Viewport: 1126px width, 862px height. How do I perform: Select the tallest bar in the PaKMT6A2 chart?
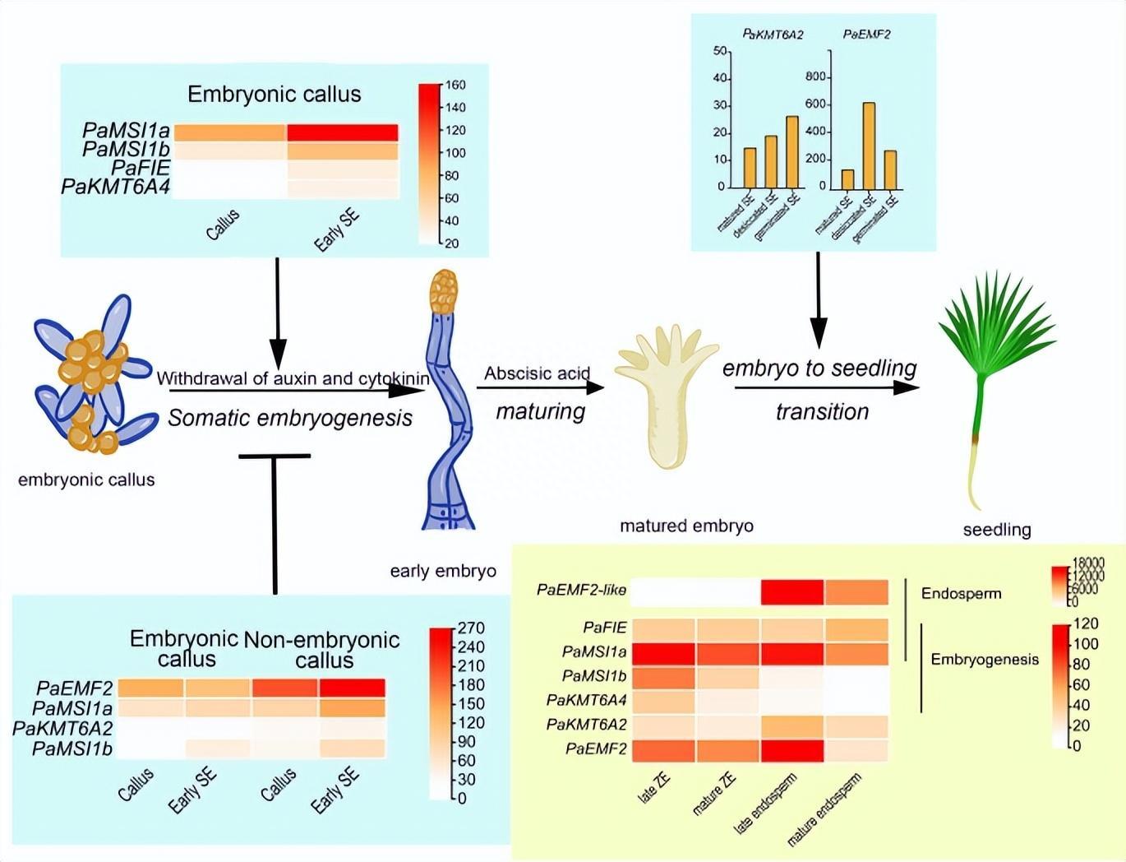pyautogui.click(x=792, y=152)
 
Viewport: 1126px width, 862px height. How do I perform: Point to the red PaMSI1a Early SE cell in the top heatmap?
pyautogui.click(x=343, y=132)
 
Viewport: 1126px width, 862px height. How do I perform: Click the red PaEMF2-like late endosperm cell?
pyautogui.click(x=792, y=592)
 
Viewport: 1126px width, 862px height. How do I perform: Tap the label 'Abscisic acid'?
pyautogui.click(x=537, y=373)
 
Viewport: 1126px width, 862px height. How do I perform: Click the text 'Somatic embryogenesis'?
pyautogui.click(x=290, y=418)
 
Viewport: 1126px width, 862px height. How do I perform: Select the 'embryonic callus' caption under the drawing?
pyautogui.click(x=86, y=480)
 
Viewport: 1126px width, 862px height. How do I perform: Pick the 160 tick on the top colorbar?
pyautogui.click(x=455, y=85)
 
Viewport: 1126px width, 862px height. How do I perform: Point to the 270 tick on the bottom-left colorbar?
pyautogui.click(x=471, y=628)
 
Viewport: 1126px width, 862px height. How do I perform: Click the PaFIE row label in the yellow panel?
pyautogui.click(x=605, y=628)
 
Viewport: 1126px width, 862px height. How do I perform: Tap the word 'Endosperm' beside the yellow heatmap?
pyautogui.click(x=961, y=594)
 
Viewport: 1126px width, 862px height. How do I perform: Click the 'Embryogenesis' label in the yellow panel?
pyautogui.click(x=985, y=660)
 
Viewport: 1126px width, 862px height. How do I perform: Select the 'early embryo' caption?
pyautogui.click(x=443, y=571)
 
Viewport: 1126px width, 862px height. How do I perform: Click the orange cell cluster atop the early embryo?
pyautogui.click(x=444, y=291)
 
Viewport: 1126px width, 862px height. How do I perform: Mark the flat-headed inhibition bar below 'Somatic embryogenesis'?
pyautogui.click(x=275, y=456)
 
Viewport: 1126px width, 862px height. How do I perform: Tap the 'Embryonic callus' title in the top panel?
pyautogui.click(x=275, y=94)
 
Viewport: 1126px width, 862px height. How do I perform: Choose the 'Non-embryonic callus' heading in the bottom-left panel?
pyautogui.click(x=323, y=650)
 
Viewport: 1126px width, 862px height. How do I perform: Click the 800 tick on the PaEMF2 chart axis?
pyautogui.click(x=815, y=77)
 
